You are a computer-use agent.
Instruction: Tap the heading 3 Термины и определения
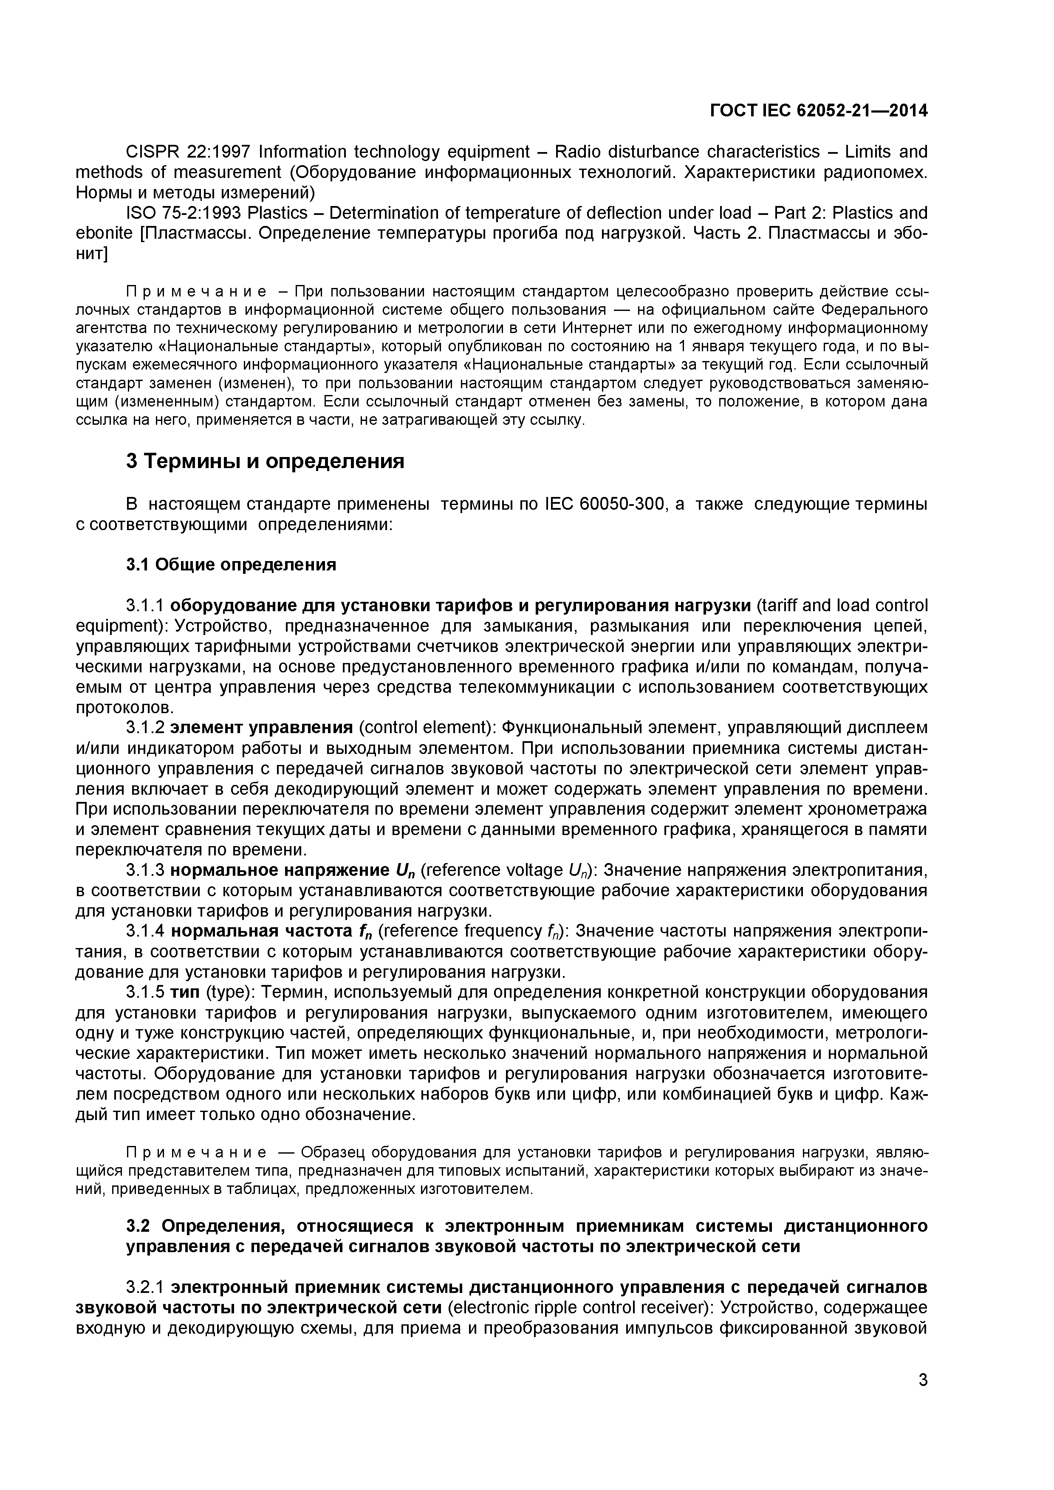pyautogui.click(x=265, y=461)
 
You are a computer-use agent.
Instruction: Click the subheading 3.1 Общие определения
pyautogui.click(x=231, y=564)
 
